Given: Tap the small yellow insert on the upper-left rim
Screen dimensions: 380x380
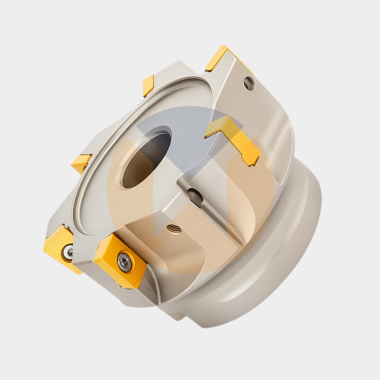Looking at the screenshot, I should tap(149, 85).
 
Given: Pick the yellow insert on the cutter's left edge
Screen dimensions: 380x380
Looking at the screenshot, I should tap(82, 162).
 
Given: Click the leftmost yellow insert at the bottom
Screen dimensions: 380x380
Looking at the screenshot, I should tap(63, 248).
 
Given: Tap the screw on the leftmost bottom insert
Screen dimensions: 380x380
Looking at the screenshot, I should tap(69, 254).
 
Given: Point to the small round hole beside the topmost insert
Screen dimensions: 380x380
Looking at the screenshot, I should tap(249, 84).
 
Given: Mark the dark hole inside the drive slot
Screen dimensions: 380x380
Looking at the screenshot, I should tap(195, 196).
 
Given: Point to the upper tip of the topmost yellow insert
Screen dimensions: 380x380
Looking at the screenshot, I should tap(225, 47).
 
